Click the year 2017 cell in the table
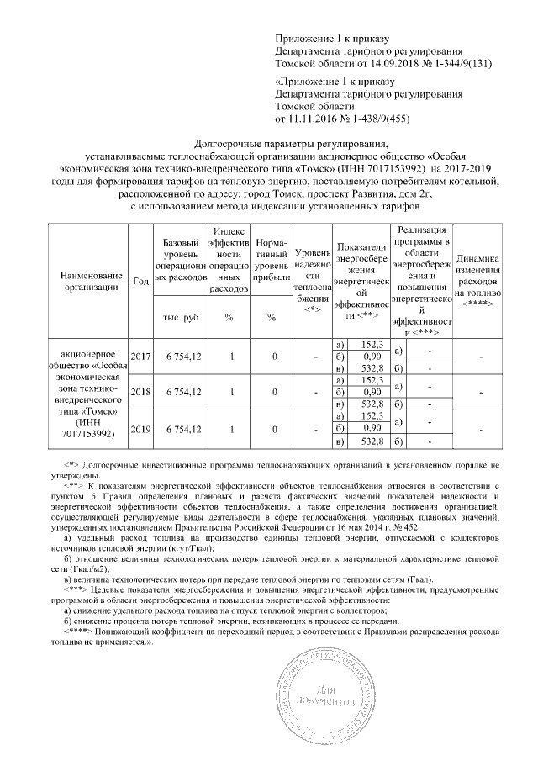tap(140, 357)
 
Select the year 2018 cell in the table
tap(140, 393)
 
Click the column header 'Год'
tap(140, 281)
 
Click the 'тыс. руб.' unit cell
tap(182, 317)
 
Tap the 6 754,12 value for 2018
tap(182, 393)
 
